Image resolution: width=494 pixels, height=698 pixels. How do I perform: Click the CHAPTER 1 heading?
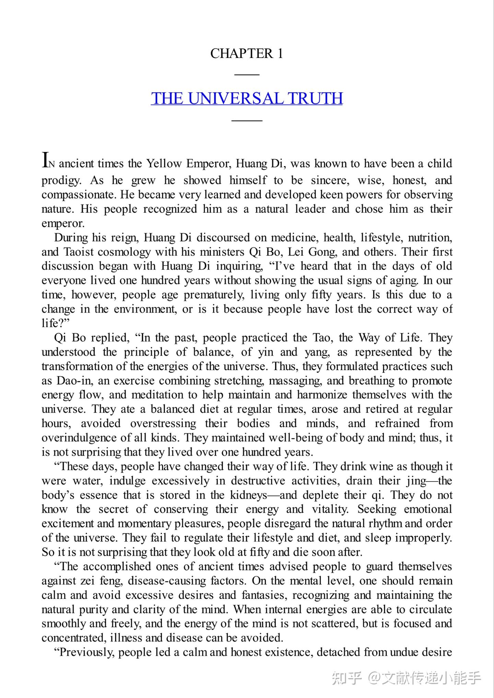247,54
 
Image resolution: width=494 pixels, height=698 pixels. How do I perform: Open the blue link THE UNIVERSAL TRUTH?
247,98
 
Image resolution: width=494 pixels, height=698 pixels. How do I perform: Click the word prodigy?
61,180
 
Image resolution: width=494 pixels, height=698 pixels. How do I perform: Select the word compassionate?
80,195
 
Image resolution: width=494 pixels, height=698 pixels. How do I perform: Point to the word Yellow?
164,164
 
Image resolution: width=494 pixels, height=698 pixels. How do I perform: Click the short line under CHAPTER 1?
247,74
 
